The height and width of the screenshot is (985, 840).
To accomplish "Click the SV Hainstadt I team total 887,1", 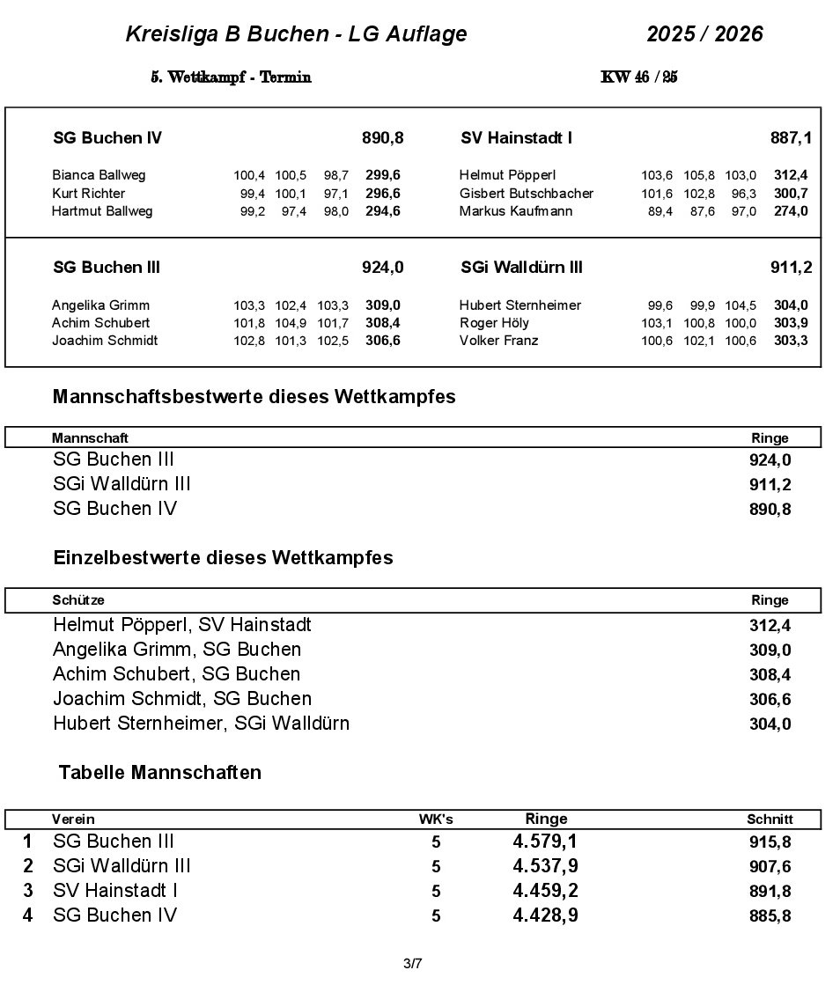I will pyautogui.click(x=791, y=138).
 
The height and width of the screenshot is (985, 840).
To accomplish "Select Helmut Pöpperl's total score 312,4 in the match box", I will pyautogui.click(x=790, y=175).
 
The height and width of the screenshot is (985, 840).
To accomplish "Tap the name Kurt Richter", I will pyautogui.click(x=88, y=193).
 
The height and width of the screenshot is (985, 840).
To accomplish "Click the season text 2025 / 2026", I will pyautogui.click(x=704, y=34).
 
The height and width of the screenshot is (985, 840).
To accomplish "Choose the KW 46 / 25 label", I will pyautogui.click(x=638, y=77).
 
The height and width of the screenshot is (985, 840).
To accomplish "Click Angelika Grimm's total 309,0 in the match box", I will pyautogui.click(x=382, y=305).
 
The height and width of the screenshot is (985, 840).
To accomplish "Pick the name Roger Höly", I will pyautogui.click(x=494, y=323).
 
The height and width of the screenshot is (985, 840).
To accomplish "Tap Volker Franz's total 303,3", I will pyautogui.click(x=790, y=341).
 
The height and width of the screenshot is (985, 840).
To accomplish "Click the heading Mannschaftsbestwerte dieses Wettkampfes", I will pyautogui.click(x=254, y=397).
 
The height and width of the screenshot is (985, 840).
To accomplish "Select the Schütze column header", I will pyautogui.click(x=78, y=600).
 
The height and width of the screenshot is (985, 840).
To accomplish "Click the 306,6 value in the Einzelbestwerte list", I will pyautogui.click(x=770, y=700).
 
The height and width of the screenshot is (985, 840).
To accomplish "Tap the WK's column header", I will pyautogui.click(x=436, y=820).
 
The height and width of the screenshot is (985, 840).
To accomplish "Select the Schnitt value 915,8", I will pyautogui.click(x=770, y=842).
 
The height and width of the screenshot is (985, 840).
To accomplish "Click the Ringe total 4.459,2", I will pyautogui.click(x=545, y=891).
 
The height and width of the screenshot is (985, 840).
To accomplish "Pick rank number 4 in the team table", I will pyautogui.click(x=28, y=915).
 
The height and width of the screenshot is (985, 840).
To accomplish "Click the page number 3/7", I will pyautogui.click(x=412, y=964).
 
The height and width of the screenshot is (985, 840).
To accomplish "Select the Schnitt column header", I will pyautogui.click(x=770, y=820).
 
